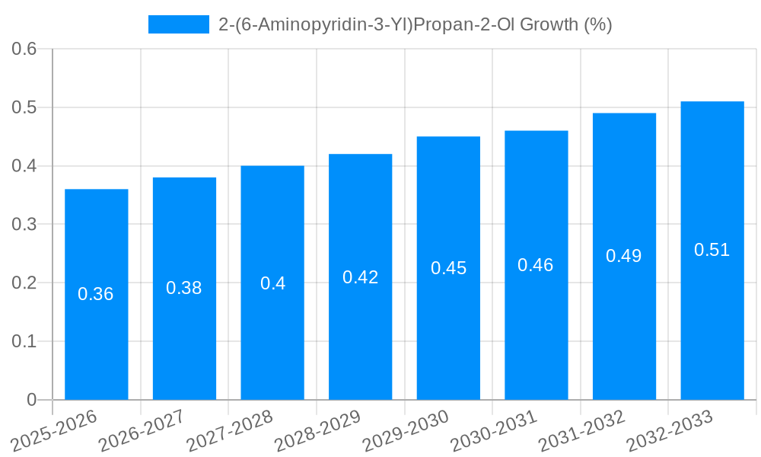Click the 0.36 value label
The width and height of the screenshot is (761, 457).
(96, 294)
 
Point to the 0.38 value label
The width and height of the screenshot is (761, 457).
(184, 288)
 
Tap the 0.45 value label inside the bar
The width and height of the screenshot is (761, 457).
(448, 268)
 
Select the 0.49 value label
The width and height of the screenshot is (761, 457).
(624, 256)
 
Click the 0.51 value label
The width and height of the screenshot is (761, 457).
(712, 250)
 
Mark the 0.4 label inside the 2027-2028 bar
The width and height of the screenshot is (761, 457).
(272, 283)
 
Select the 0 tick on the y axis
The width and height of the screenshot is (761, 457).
(31, 400)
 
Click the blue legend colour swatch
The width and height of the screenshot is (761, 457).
(179, 24)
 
